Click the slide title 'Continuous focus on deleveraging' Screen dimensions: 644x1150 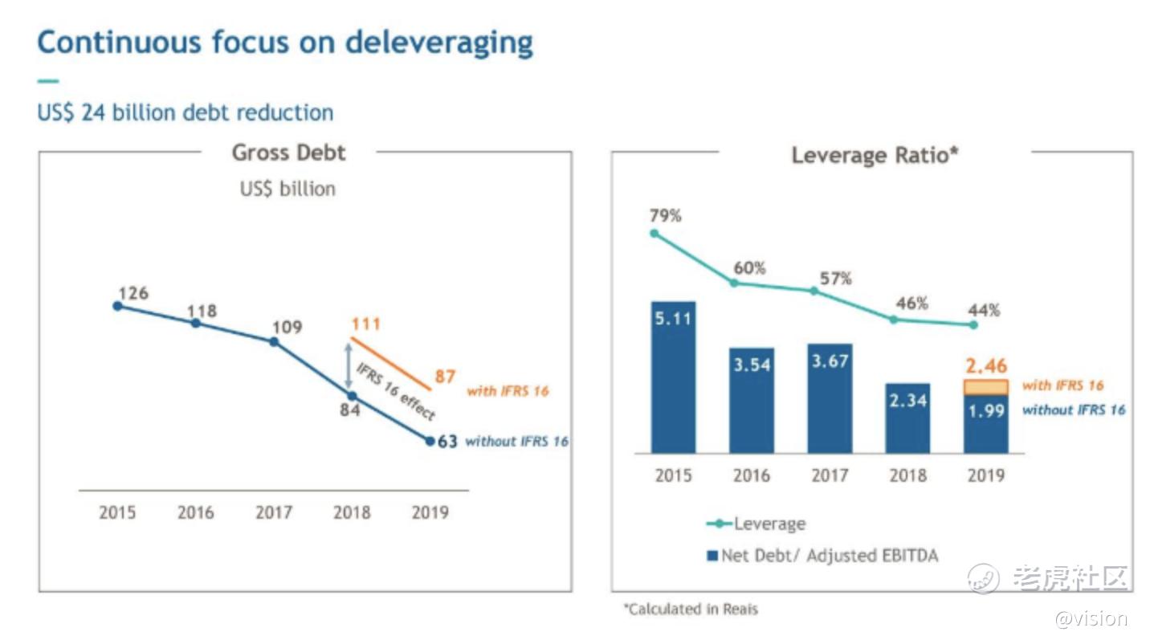point(285,43)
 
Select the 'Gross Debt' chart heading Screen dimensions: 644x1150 point(288,153)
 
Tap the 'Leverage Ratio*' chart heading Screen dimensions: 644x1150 point(875,154)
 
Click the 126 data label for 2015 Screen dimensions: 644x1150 point(133,293)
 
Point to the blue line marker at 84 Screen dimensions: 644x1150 point(351,396)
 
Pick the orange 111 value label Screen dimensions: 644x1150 point(365,324)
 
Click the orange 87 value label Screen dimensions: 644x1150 point(445,376)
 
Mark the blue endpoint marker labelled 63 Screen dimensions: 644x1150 point(430,441)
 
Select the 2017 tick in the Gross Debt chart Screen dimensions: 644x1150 point(274,512)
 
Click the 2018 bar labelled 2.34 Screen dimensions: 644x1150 point(907,418)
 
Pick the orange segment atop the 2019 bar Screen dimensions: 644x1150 point(985,387)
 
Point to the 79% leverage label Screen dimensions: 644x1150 point(666,215)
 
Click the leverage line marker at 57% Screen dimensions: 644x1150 point(814,291)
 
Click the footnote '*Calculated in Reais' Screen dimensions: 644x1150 point(691,609)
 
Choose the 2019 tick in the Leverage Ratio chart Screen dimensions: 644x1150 point(985,475)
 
